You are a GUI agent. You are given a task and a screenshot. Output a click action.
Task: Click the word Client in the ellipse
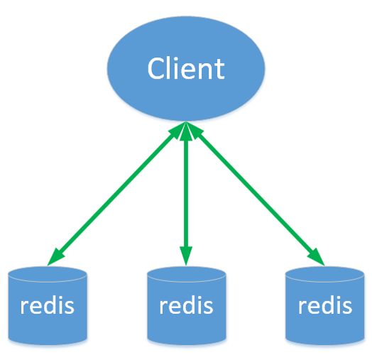tap(186, 68)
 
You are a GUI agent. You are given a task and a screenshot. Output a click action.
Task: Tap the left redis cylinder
tap(48, 305)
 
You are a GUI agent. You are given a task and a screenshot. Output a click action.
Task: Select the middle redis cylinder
tap(186, 305)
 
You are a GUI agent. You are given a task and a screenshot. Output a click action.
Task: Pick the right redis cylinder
tap(324, 305)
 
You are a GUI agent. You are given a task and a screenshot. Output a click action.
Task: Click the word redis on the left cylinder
tap(48, 305)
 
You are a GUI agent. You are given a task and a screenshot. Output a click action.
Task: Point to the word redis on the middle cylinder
tap(186, 305)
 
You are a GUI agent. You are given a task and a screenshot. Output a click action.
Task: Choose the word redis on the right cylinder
tap(325, 305)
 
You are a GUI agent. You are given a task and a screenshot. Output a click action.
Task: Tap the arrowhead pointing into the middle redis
tap(186, 256)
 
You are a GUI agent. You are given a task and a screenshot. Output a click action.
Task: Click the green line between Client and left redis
tap(114, 193)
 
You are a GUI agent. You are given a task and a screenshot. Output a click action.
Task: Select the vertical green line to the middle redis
tap(186, 193)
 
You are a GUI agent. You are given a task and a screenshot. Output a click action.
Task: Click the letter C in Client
tap(157, 68)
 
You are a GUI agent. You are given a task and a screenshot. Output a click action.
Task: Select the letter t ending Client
tap(220, 70)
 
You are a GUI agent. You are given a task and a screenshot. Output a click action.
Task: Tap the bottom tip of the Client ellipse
tap(186, 121)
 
